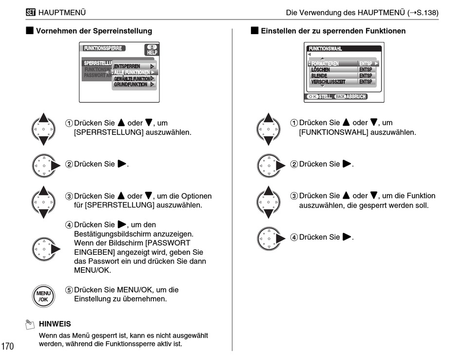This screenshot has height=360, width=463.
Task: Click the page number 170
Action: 8,346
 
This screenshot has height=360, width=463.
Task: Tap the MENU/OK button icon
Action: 43,296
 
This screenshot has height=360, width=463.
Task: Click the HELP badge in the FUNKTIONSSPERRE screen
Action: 152,50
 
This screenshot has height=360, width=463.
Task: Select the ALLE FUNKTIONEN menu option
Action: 134,72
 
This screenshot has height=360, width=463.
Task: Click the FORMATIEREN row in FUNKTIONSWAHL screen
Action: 326,63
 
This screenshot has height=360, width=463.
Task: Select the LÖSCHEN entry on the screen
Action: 321,70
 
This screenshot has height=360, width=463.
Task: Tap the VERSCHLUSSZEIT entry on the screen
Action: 328,82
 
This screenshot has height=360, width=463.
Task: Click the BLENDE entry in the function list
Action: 319,76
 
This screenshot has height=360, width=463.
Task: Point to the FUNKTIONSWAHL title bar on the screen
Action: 325,49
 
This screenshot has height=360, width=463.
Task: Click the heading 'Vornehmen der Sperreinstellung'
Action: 94,31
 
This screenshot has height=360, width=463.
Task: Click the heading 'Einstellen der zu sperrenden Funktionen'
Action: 333,31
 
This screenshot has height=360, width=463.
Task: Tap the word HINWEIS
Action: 55,323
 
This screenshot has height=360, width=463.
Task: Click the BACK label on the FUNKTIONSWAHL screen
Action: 340,96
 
